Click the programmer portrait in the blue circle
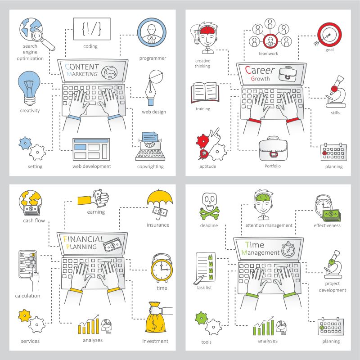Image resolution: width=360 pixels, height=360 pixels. [152, 32]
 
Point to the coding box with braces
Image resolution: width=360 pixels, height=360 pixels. [92, 29]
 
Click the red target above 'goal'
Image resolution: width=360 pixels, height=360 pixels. [329, 35]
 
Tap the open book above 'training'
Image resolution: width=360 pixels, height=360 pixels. [205, 93]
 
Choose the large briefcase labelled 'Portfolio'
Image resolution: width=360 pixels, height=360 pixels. [273, 149]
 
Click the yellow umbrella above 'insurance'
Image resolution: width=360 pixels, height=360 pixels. [160, 198]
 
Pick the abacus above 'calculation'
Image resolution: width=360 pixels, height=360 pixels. [28, 264]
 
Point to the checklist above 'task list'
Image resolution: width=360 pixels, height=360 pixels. [206, 267]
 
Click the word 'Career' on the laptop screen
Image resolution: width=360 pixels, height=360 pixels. [260, 70]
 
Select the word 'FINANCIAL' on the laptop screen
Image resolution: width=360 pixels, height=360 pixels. [83, 239]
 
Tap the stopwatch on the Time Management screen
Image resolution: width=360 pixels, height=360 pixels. [288, 249]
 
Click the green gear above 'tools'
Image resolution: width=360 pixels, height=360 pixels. [201, 318]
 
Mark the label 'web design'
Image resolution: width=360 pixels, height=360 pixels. [154, 112]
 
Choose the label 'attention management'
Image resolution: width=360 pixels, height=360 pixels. [269, 225]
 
